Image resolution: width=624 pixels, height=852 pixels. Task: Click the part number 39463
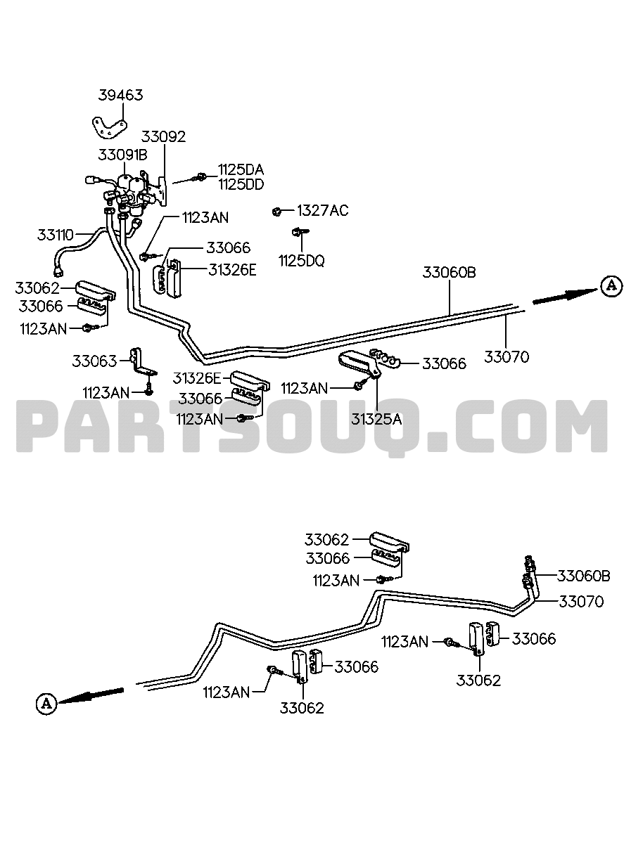coord(120,95)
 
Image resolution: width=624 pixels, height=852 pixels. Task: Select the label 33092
coord(163,136)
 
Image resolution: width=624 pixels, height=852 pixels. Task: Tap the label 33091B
coord(122,155)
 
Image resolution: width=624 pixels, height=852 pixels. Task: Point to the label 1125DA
coord(241,169)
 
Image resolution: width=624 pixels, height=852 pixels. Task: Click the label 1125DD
coord(241,184)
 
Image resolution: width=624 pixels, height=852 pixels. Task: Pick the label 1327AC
coord(322,210)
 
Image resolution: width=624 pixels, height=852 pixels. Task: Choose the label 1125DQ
coord(302,261)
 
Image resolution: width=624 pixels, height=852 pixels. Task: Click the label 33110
coord(55,235)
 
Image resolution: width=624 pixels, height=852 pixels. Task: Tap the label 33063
coord(94,361)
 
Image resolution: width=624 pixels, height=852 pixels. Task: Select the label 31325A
coord(376,419)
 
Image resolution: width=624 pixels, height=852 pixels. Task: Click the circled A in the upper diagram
coord(611,285)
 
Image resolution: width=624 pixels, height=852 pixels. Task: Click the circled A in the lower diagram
coord(46,703)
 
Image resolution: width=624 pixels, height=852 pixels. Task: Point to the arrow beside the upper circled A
coord(565,296)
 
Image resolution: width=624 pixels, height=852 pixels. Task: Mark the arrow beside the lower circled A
coord(91,695)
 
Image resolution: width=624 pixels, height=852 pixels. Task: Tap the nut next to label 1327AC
coord(277,212)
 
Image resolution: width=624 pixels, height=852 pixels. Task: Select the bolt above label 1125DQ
coord(300,231)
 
